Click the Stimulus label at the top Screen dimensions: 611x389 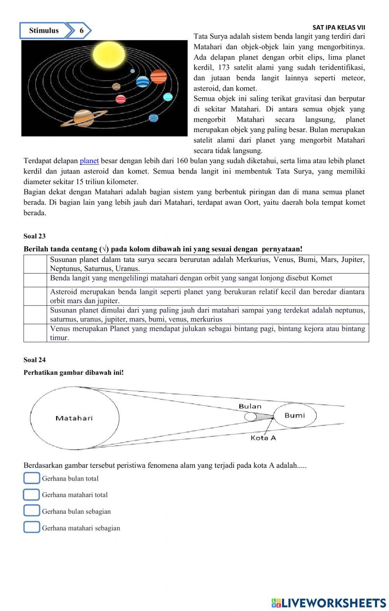(44, 31)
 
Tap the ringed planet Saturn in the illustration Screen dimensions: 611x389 (84, 118)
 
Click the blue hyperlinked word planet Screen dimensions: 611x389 (89, 161)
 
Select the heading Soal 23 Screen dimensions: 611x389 (35, 236)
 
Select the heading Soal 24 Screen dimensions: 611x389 (35, 360)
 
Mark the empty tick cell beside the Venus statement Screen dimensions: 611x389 (36, 333)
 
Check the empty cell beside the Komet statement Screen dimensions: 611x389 (36, 280)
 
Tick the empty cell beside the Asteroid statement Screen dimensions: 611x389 (36, 296)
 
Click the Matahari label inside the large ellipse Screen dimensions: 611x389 (74, 418)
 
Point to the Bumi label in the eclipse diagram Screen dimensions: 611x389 (294, 415)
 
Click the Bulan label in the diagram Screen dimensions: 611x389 (250, 406)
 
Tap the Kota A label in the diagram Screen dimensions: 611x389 (263, 438)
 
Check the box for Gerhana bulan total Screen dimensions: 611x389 (32, 478)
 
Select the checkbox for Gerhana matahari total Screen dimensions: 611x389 (32, 495)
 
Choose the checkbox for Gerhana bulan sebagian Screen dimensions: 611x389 (32, 511)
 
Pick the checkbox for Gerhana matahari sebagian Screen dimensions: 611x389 (32, 528)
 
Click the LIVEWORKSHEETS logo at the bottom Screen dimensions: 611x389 (329, 603)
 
